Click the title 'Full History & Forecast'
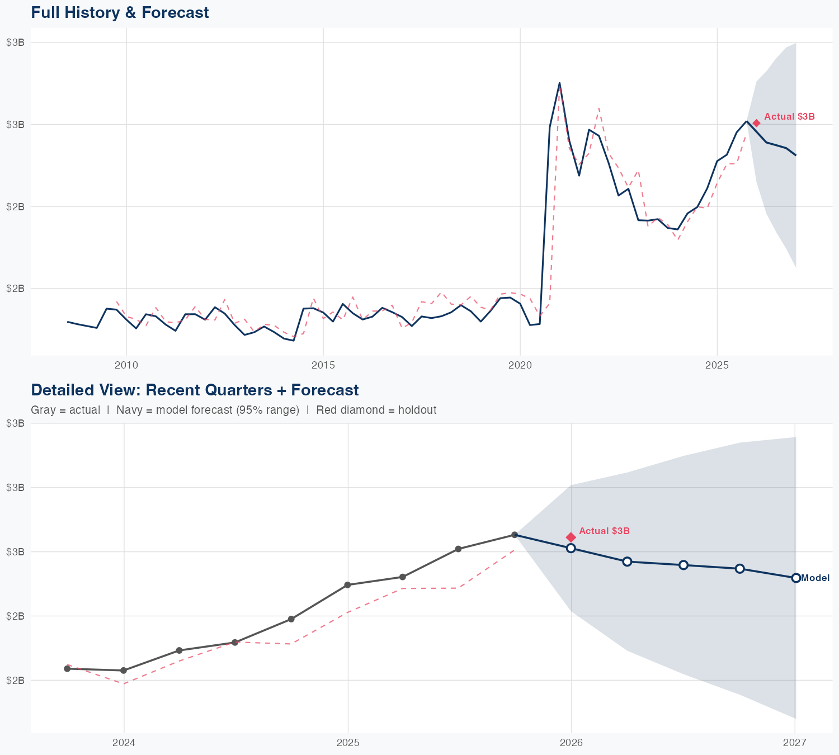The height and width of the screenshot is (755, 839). (120, 12)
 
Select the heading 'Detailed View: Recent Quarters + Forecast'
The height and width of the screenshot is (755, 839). (195, 390)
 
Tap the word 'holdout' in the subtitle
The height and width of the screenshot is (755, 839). (417, 410)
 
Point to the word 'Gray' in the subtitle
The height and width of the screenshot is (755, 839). (43, 410)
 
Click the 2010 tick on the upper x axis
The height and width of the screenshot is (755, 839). (126, 366)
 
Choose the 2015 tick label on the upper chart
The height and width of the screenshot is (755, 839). (323, 366)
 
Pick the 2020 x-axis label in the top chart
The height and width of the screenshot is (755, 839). (520, 366)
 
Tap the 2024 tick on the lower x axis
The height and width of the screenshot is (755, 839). (124, 743)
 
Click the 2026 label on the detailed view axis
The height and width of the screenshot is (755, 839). (571, 743)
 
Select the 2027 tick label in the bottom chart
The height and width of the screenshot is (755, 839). (794, 743)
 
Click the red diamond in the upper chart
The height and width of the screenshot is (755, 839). (756, 123)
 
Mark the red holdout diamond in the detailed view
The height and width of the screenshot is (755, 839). (571, 537)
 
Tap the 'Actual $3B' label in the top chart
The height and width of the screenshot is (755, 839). (789, 117)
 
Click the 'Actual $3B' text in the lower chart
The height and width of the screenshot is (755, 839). (604, 531)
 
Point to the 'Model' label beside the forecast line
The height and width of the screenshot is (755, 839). (815, 578)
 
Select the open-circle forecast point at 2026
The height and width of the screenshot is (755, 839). (571, 548)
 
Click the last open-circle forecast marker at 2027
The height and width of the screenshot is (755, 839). (795, 578)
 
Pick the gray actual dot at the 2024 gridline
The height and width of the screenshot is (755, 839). (124, 671)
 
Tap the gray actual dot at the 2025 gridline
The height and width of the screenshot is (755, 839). (347, 585)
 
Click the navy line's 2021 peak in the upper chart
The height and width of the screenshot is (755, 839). (559, 83)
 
